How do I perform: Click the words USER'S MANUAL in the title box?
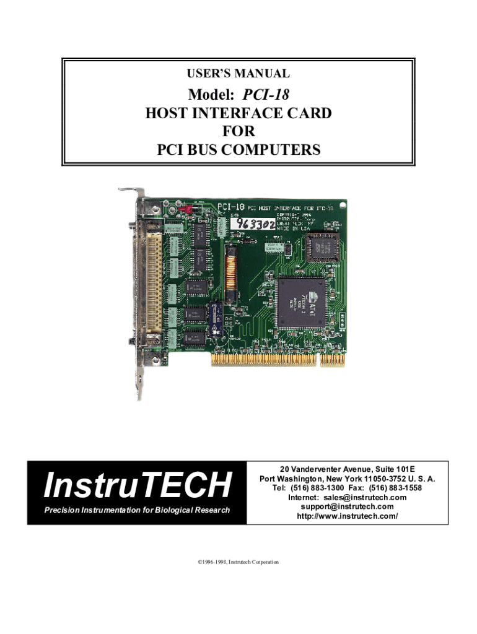click(239, 74)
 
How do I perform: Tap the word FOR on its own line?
click(239, 131)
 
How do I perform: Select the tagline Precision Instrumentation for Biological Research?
click(137, 510)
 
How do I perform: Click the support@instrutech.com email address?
click(347, 506)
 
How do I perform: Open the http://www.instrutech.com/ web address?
click(347, 516)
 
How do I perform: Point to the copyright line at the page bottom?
click(239, 562)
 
